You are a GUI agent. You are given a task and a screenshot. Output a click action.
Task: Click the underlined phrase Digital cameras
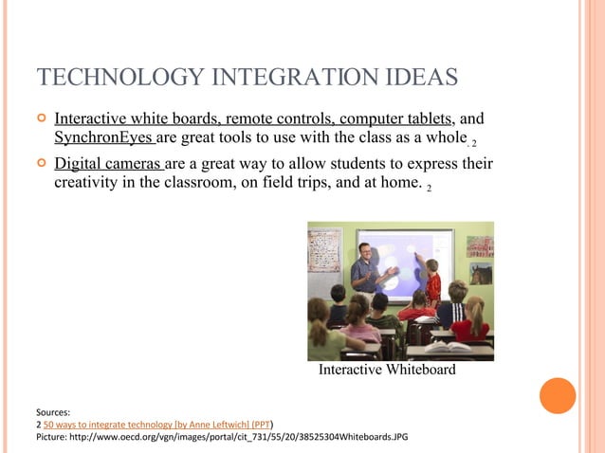pyautogui.click(x=108, y=163)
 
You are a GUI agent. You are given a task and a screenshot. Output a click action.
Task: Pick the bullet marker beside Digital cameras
pyautogui.click(x=40, y=163)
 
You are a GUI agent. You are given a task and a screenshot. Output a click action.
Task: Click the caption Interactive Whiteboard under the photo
pyautogui.click(x=387, y=370)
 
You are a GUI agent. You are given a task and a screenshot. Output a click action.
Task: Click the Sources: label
pyautogui.click(x=53, y=413)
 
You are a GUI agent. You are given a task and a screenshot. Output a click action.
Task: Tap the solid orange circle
pyautogui.click(x=558, y=395)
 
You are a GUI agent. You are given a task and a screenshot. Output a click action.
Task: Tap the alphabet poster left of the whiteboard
pyautogui.click(x=324, y=249)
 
